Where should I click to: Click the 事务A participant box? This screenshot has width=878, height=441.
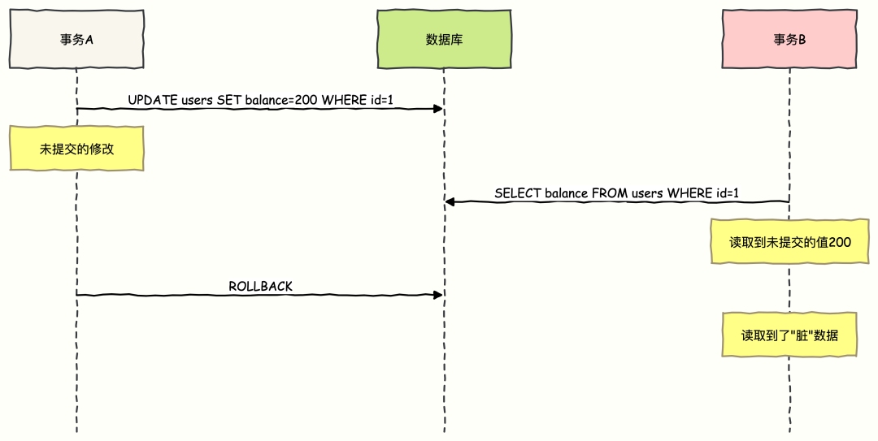(76, 39)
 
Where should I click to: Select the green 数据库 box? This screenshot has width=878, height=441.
(444, 39)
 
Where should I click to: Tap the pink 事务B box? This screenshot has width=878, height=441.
(789, 39)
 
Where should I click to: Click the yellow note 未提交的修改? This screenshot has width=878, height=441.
(76, 149)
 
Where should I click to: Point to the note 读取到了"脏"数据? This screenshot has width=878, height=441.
(789, 335)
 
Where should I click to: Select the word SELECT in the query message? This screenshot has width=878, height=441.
(516, 193)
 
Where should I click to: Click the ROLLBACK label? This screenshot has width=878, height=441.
(260, 286)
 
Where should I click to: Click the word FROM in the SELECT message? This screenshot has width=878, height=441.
(609, 193)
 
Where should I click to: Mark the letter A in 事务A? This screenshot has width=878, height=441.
(89, 39)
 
